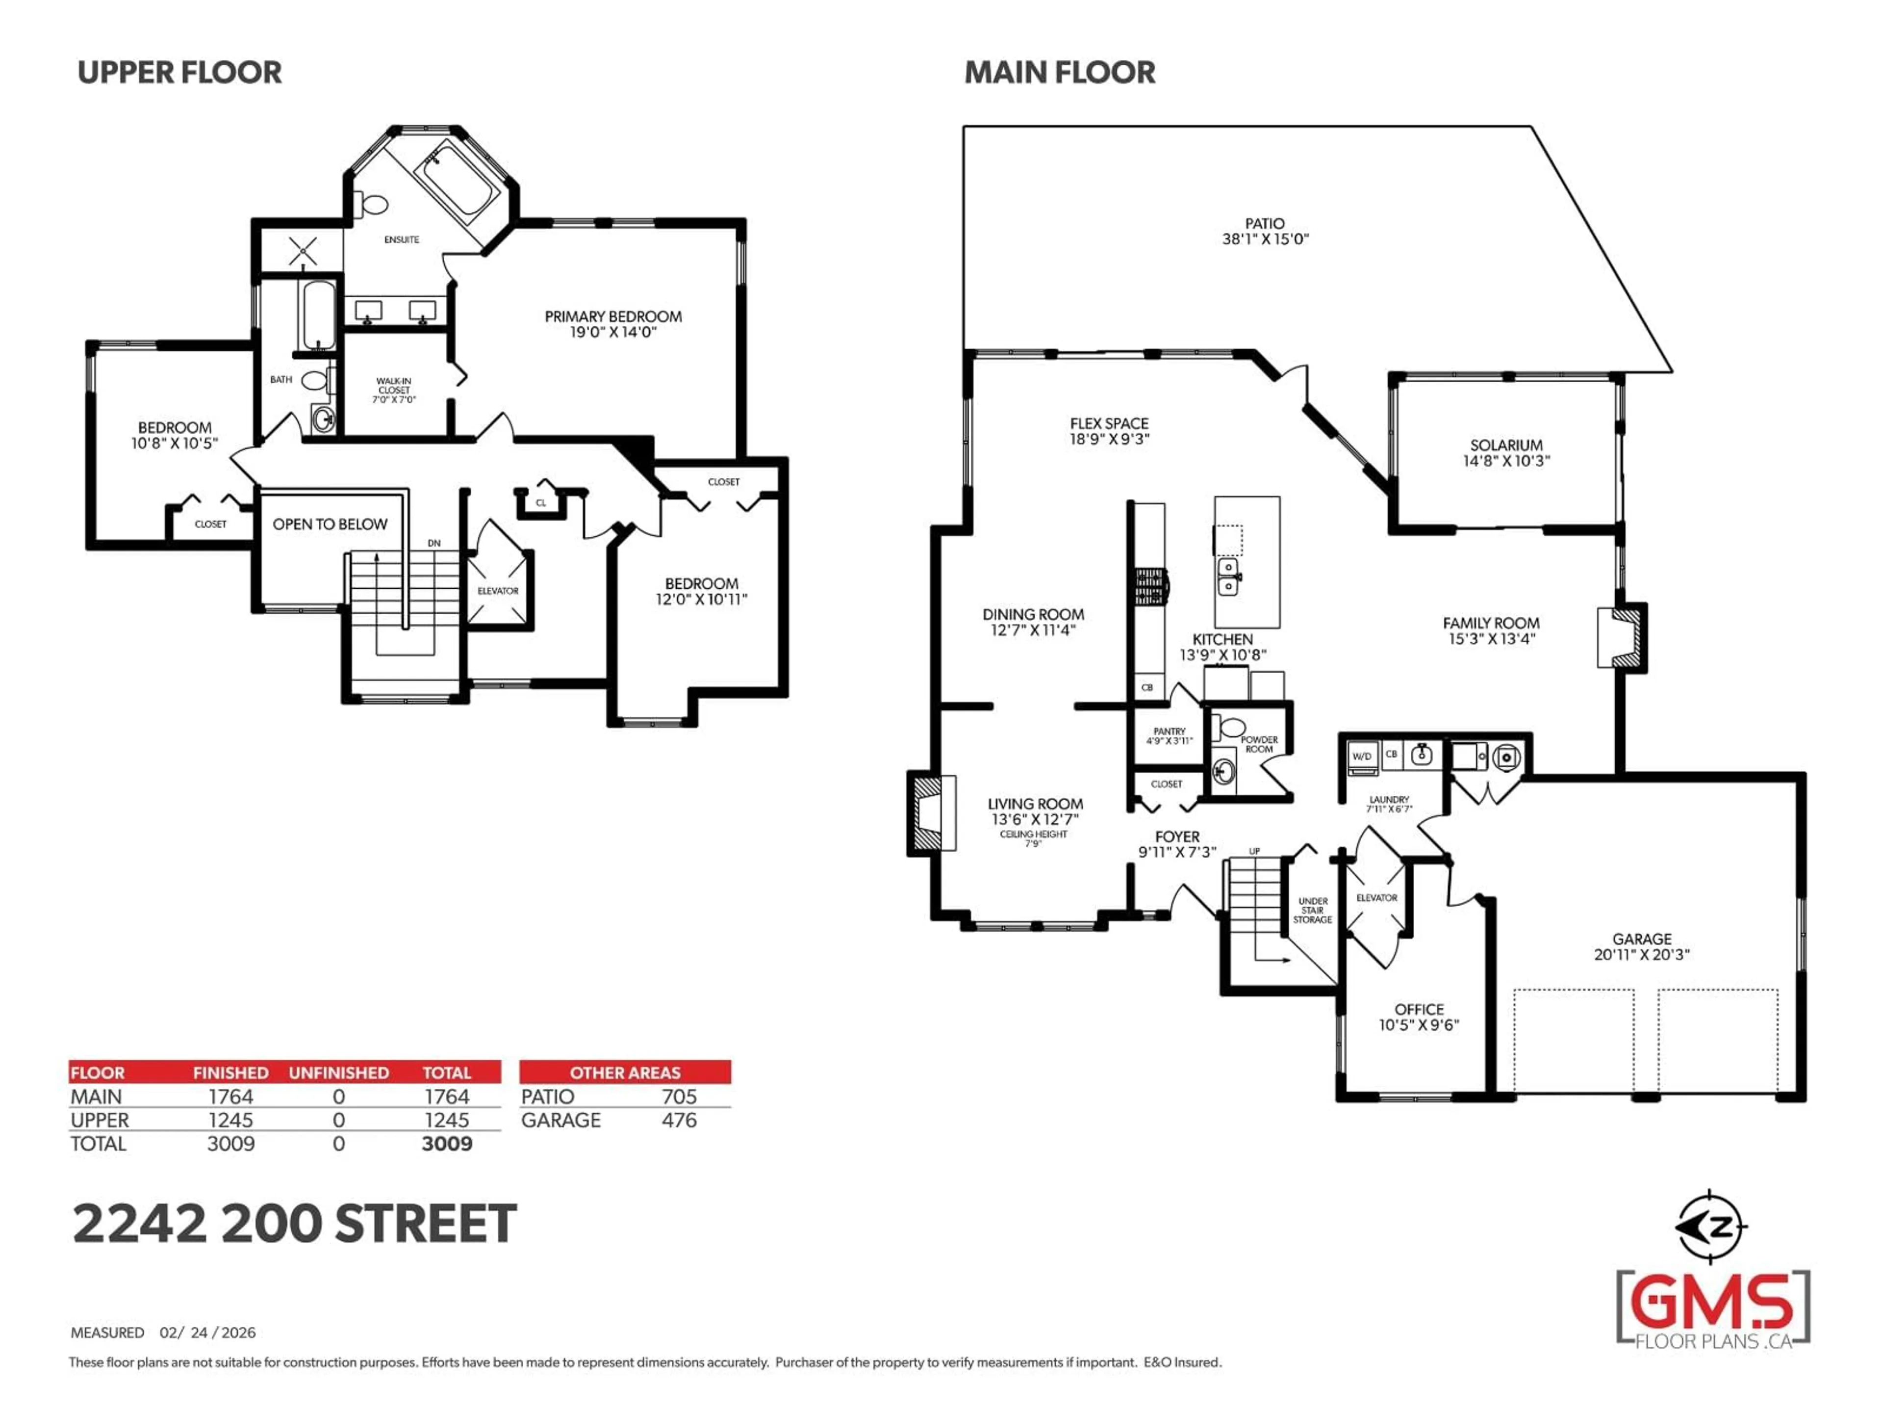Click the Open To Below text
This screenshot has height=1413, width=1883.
[x=330, y=524]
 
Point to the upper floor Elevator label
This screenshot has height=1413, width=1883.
[x=498, y=590]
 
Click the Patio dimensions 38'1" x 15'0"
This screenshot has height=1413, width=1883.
[x=1265, y=239]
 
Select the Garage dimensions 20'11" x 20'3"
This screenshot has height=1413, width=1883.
[x=1641, y=955]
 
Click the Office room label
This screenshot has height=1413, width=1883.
[x=1419, y=1009]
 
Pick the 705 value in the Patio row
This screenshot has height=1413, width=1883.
[x=679, y=1097]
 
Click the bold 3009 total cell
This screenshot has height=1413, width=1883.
[x=447, y=1144]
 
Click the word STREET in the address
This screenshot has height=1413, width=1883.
[x=426, y=1224]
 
